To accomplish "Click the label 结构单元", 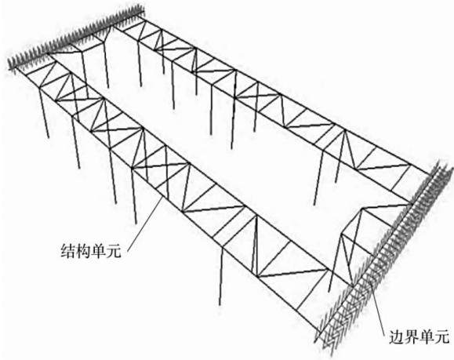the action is click(x=91, y=250).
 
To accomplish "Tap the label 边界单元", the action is click(x=419, y=336).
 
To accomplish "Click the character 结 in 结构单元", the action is click(x=67, y=250).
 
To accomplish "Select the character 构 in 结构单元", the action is click(x=83, y=250).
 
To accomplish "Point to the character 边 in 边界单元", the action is click(x=396, y=336).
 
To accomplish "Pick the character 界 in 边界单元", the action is click(x=412, y=336).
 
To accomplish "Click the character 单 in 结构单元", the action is click(x=98, y=250).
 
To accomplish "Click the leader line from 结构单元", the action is click(x=145, y=224).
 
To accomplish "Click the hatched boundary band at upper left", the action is click(x=76, y=37).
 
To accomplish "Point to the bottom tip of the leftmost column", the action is click(x=49, y=137).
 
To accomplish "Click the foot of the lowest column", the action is click(x=220, y=304).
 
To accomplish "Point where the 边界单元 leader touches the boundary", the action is click(x=371, y=285).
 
